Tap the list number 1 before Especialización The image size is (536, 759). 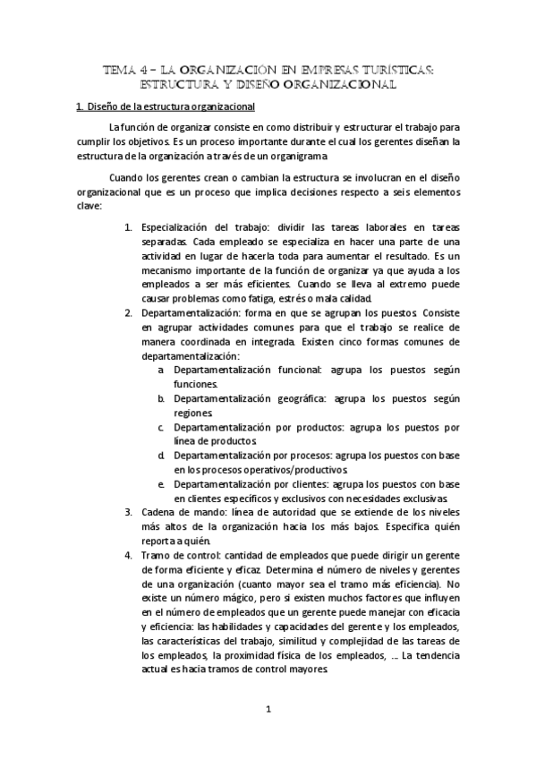128,228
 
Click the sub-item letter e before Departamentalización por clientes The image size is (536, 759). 160,482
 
